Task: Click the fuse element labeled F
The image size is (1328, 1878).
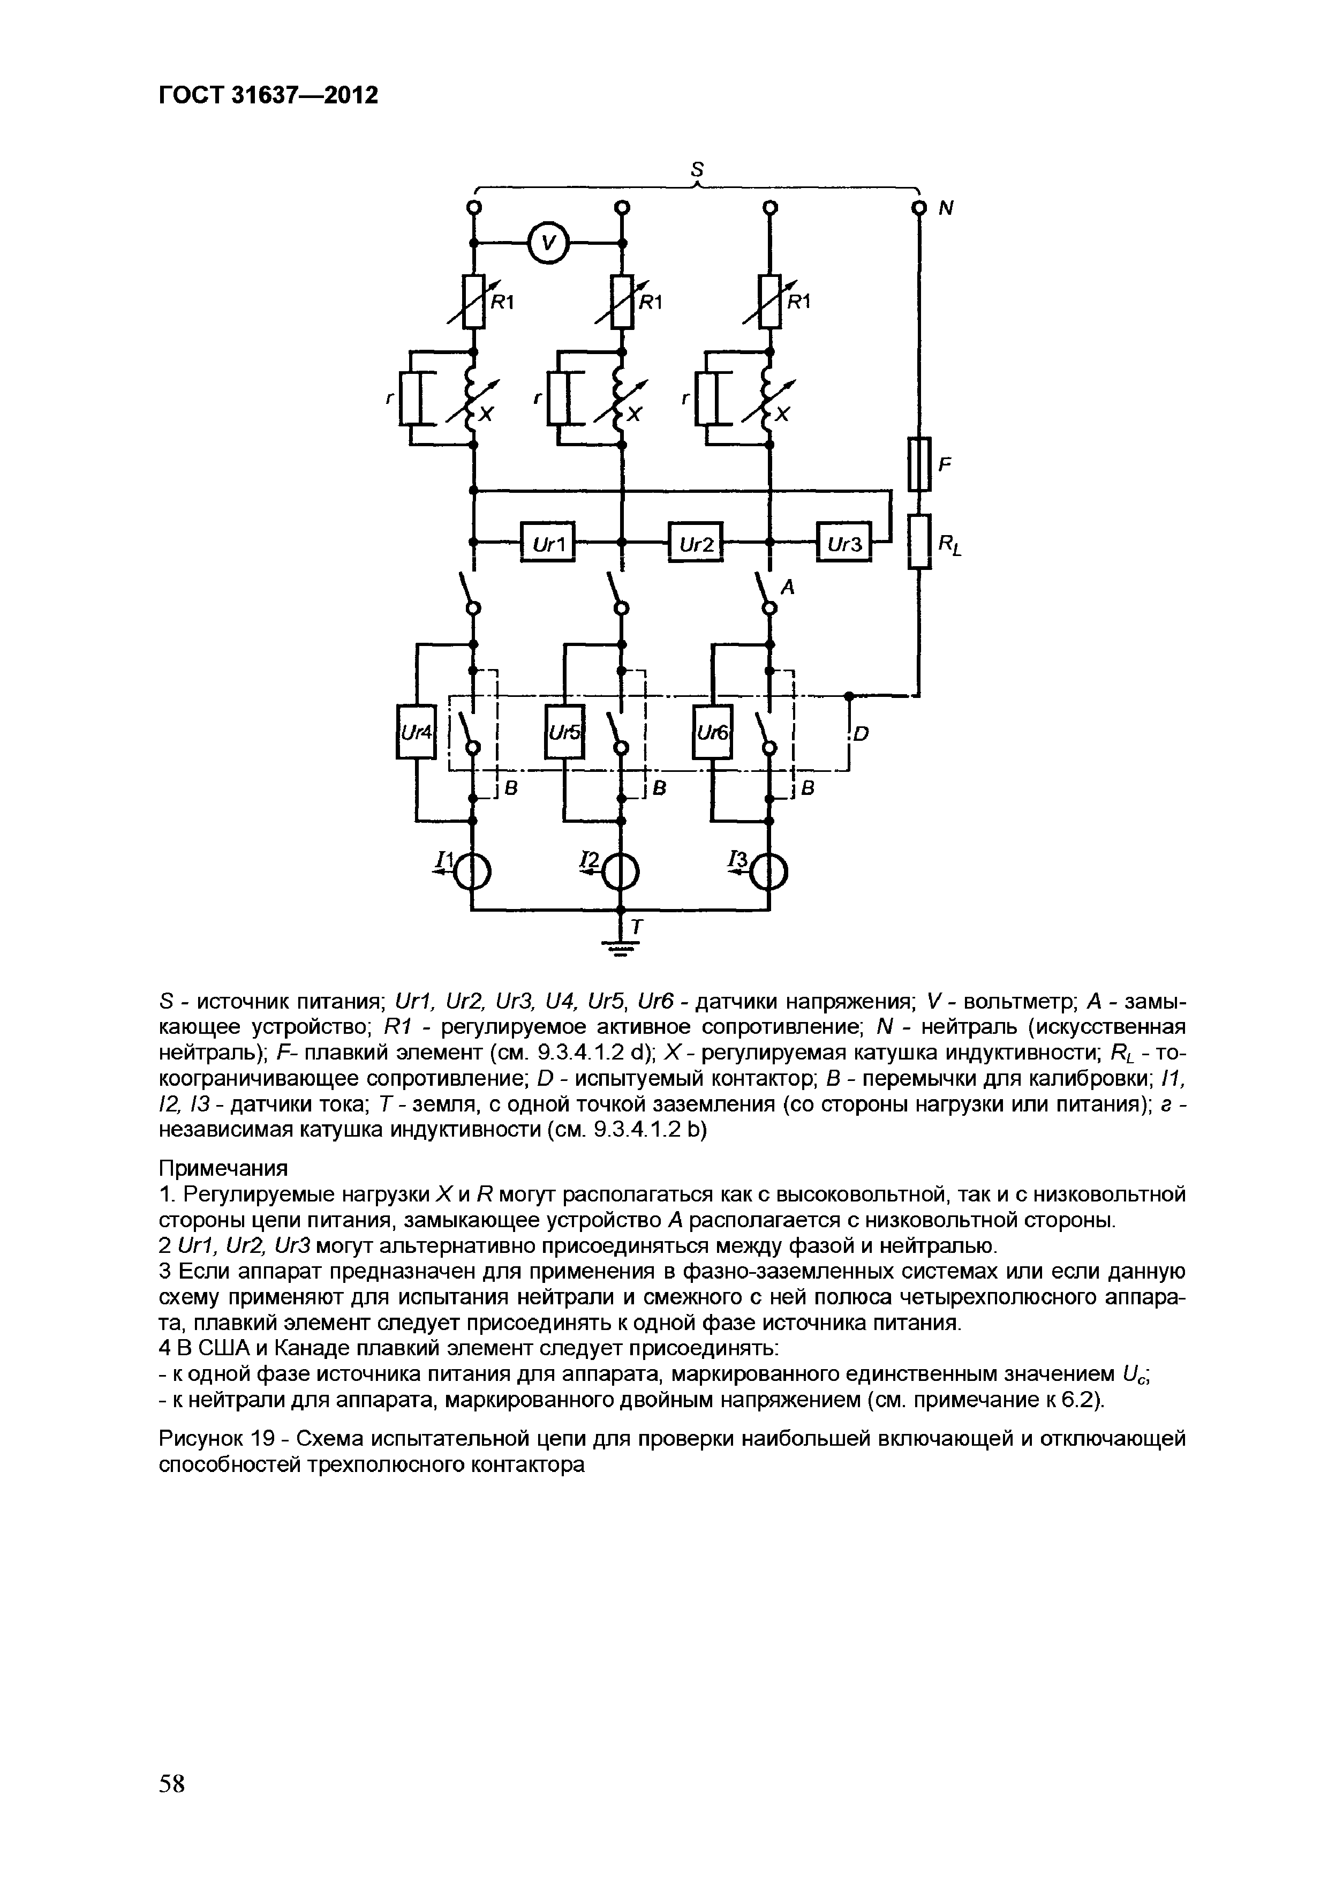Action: coord(920,464)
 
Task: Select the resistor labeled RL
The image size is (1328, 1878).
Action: coord(920,542)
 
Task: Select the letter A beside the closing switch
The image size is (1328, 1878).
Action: coord(788,587)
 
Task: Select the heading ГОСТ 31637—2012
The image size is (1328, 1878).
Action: coord(268,96)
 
